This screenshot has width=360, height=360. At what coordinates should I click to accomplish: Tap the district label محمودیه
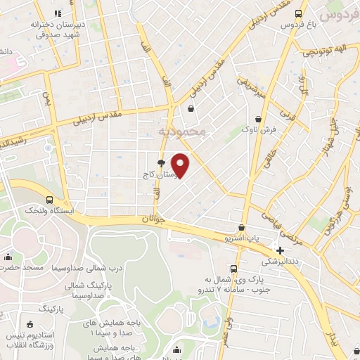click(x=182, y=131)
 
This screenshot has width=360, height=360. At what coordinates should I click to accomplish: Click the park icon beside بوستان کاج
click(x=162, y=162)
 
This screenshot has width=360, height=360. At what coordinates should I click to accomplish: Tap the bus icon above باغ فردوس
click(x=299, y=13)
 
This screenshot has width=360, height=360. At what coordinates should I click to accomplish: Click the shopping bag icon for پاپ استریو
click(x=242, y=227)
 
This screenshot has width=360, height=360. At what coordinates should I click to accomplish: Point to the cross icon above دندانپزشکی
click(x=281, y=250)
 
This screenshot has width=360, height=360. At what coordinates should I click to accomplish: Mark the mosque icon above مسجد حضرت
click(x=7, y=256)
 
